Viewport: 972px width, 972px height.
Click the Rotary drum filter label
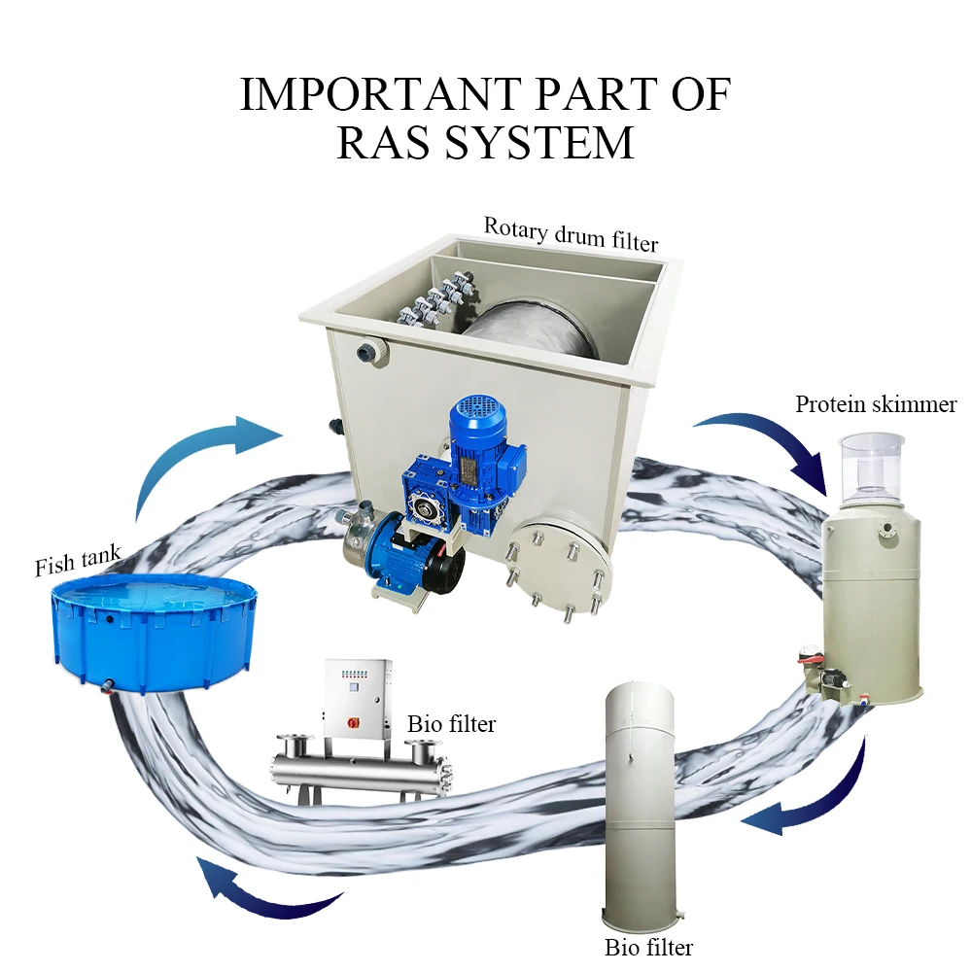coord(571,232)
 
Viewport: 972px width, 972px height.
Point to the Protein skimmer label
coord(876,404)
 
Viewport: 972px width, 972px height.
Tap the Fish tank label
coord(78,561)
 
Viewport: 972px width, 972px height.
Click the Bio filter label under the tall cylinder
coord(649,946)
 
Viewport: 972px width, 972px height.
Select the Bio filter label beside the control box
coord(451,724)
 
